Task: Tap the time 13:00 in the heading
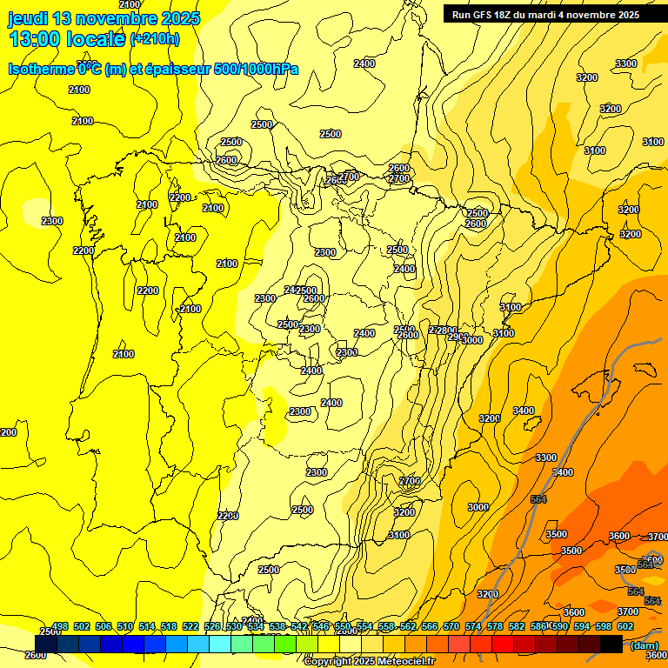pyautogui.click(x=35, y=38)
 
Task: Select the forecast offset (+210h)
pyautogui.click(x=155, y=38)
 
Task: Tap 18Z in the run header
pyautogui.click(x=511, y=15)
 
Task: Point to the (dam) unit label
pyautogui.click(x=644, y=645)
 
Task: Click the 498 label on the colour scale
pyautogui.click(x=60, y=626)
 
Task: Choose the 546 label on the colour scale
pyautogui.click(x=321, y=626)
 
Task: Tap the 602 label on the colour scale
pyautogui.click(x=625, y=626)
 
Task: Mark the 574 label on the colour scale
pyautogui.click(x=473, y=626)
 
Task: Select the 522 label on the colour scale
pyautogui.click(x=190, y=626)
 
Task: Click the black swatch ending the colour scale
pyautogui.click(x=611, y=644)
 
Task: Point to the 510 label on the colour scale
pyautogui.click(x=125, y=626)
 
